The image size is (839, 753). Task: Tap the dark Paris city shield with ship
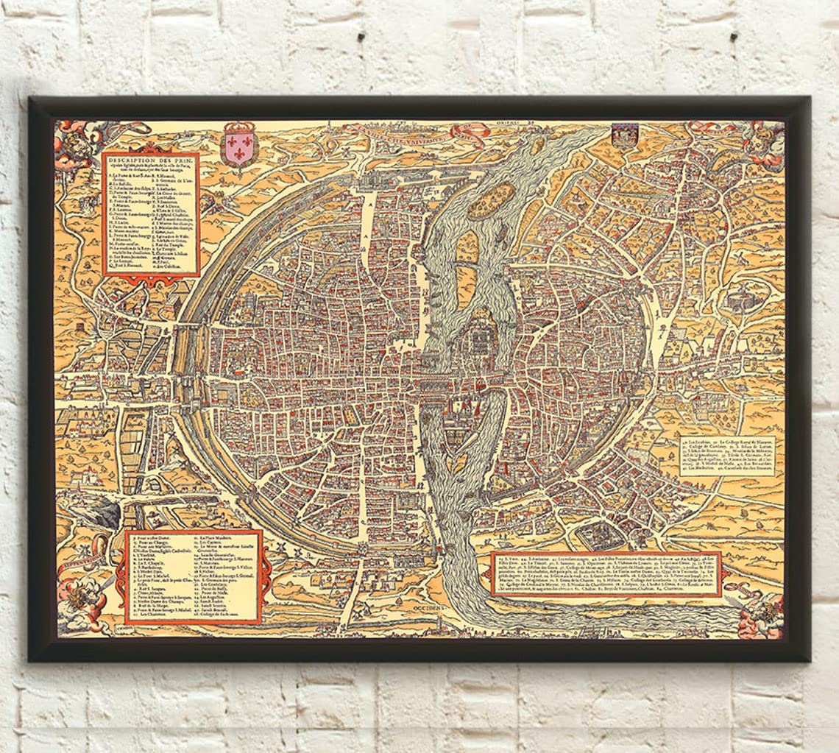[622, 137]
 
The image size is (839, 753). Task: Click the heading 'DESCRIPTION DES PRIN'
[151, 162]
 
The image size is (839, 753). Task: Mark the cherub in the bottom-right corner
[762, 608]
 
